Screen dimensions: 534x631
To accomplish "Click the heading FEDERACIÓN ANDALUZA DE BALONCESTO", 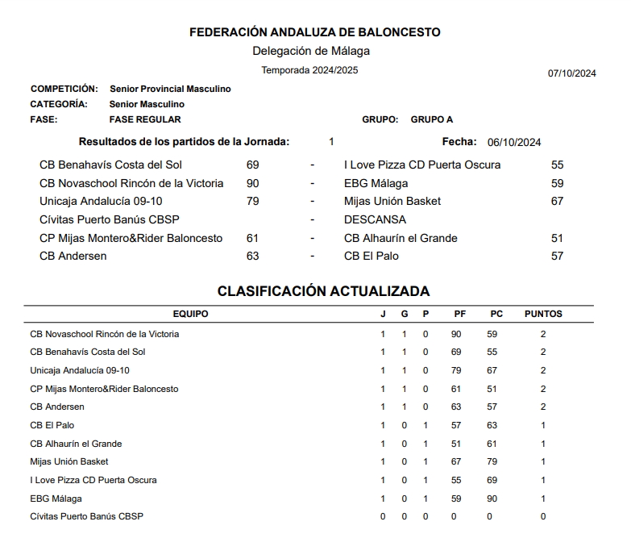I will [314, 32].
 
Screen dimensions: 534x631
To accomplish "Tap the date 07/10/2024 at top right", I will [571, 73].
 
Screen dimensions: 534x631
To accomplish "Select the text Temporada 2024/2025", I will [309, 70].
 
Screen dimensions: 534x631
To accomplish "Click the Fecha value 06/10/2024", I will [514, 143].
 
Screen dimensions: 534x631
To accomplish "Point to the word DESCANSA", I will [375, 219].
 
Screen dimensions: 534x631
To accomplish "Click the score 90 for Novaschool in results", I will [253, 183].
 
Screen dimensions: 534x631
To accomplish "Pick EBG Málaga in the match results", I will [376, 183].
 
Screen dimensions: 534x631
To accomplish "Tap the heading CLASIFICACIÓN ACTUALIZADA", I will [323, 291].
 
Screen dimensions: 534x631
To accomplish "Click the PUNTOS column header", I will [543, 314].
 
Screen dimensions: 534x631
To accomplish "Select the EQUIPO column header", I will [190, 314].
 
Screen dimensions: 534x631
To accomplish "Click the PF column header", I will [460, 314].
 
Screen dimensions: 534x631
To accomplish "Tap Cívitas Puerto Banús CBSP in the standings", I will [87, 516].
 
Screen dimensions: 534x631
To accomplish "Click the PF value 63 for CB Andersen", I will [456, 407].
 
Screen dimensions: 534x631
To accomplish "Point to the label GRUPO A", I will [432, 119].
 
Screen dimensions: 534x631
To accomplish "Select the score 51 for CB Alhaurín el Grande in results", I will [557, 238].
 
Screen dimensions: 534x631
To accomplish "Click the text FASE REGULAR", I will [145, 119].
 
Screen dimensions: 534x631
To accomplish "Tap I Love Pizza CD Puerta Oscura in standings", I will [93, 480].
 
